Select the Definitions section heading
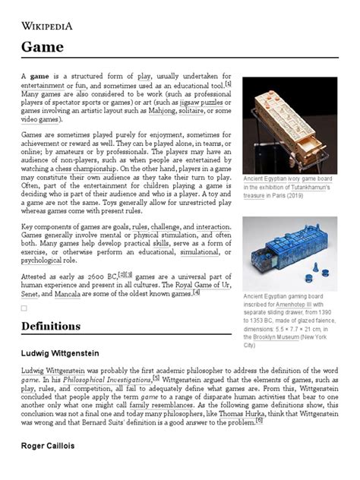click(51, 326)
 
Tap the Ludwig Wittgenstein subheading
click(61, 353)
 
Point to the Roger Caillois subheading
click(46, 446)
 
